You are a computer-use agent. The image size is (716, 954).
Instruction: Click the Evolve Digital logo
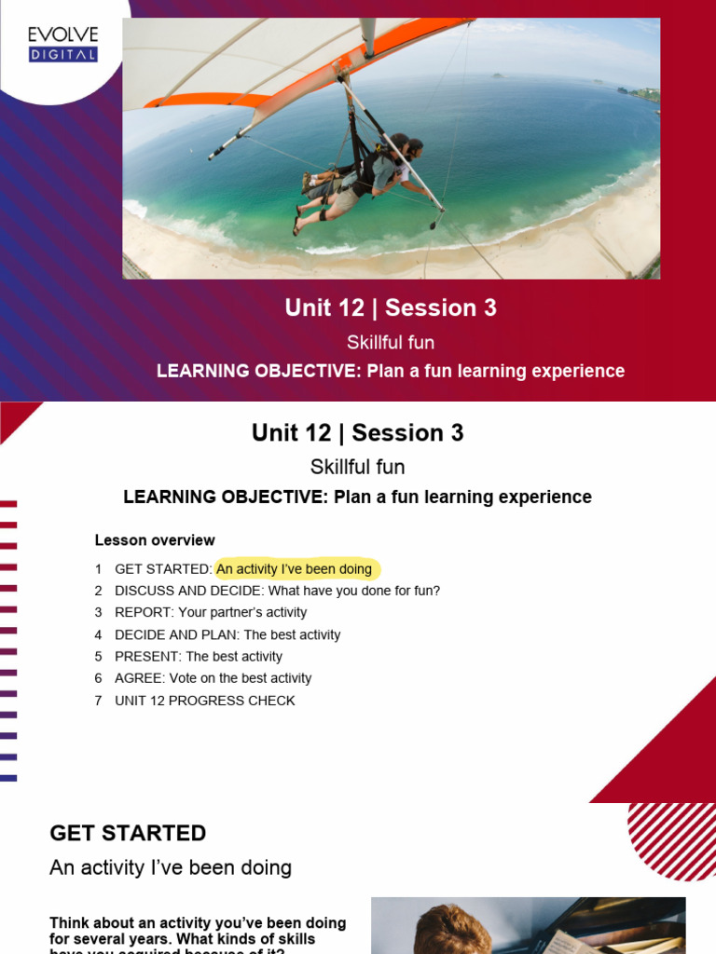[62, 44]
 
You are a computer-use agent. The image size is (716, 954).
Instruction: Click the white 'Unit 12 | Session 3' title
[391, 308]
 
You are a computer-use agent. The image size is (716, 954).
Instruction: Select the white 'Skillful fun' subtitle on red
[391, 342]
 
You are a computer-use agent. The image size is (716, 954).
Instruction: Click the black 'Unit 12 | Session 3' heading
[357, 433]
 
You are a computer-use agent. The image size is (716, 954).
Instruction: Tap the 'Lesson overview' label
[155, 540]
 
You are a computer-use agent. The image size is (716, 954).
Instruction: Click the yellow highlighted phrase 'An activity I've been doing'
[295, 569]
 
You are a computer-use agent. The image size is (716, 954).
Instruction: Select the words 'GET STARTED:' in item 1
[163, 569]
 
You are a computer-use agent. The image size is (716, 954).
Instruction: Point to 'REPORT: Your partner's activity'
[211, 613]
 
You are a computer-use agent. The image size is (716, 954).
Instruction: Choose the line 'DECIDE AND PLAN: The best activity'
[227, 635]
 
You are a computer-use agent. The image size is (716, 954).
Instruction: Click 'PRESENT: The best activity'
[199, 657]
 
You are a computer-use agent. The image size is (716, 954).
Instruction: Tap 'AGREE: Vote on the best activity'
[213, 679]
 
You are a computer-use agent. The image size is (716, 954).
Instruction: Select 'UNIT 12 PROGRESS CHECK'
[204, 701]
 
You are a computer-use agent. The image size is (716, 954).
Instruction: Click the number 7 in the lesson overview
[98, 701]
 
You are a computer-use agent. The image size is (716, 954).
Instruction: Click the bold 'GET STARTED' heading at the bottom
[128, 833]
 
